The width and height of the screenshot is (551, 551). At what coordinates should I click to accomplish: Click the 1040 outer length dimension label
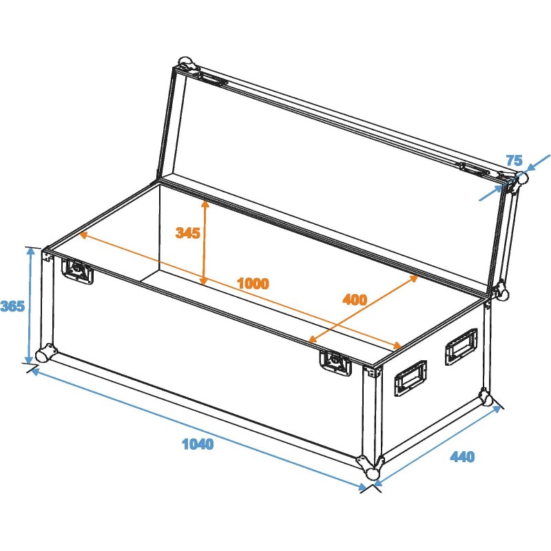click(x=198, y=444)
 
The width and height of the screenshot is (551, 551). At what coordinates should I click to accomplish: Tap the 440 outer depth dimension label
click(x=463, y=457)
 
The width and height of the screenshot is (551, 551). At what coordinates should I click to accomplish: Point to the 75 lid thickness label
click(x=514, y=160)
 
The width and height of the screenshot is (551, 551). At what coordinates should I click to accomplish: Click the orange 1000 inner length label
click(x=252, y=283)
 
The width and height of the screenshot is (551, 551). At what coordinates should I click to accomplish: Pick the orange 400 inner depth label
click(x=355, y=300)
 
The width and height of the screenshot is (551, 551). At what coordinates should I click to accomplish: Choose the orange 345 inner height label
click(x=187, y=233)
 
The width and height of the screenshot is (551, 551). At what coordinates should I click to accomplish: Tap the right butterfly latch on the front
click(x=335, y=362)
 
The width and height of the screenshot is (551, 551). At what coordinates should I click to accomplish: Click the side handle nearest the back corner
click(x=460, y=345)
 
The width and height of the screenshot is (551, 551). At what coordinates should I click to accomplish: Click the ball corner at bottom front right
click(x=373, y=473)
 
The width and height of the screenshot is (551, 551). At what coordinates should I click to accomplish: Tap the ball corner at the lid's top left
click(x=185, y=65)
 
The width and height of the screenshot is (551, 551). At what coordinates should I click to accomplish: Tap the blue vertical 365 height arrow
click(x=30, y=306)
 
